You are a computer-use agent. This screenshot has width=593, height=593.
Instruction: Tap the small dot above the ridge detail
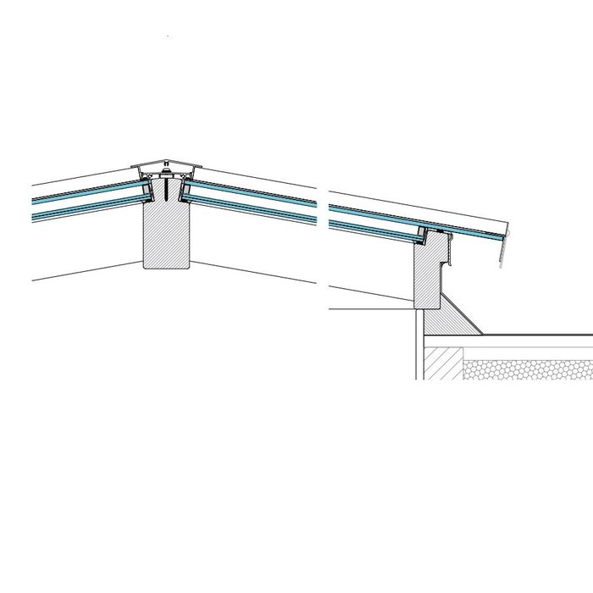pyautogui.click(x=169, y=37)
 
